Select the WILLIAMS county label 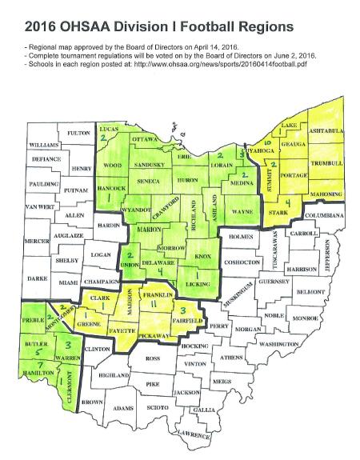tap(44, 145)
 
